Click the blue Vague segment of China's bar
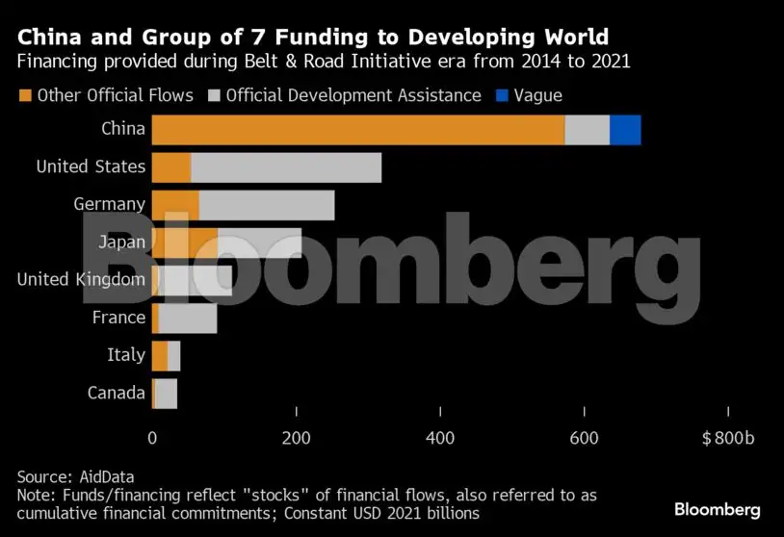click(x=625, y=130)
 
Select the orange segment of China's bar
click(x=357, y=130)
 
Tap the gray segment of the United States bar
click(x=286, y=167)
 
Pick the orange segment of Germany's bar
click(x=175, y=205)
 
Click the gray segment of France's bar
click(x=188, y=318)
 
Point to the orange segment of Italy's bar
click(x=160, y=355)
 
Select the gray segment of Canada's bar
click(x=166, y=393)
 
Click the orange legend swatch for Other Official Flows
click(x=25, y=95)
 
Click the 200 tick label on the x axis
click(x=296, y=439)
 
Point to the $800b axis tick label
click(x=729, y=439)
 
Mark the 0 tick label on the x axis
click(x=152, y=439)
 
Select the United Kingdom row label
click(x=82, y=280)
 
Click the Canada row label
click(x=117, y=393)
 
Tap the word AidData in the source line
click(x=103, y=476)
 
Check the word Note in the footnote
click(x=35, y=495)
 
